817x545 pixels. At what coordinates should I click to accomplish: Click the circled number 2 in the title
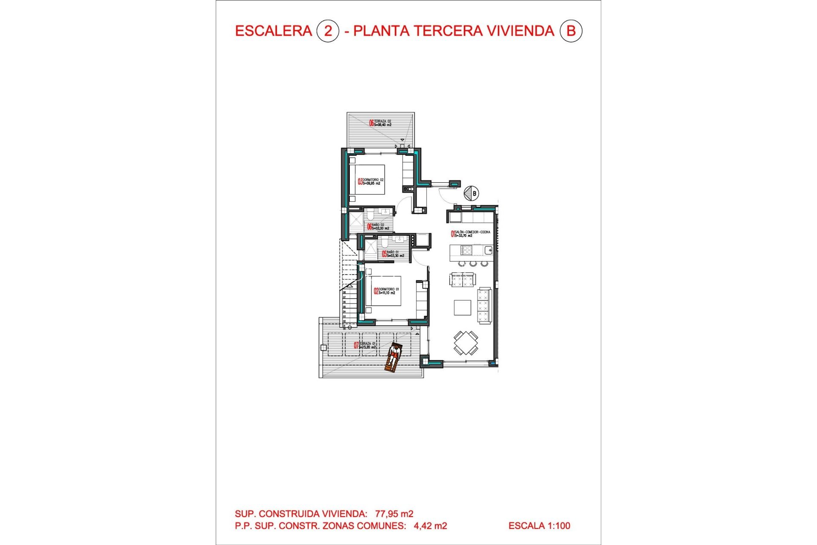pyautogui.click(x=328, y=31)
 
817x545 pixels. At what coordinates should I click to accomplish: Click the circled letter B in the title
pyautogui.click(x=571, y=31)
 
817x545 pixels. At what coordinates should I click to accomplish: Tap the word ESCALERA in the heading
pyautogui.click(x=273, y=31)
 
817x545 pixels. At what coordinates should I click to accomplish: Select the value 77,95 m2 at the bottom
pyautogui.click(x=394, y=514)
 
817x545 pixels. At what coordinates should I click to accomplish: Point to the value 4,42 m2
pyautogui.click(x=430, y=526)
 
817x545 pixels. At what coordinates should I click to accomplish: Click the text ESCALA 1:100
pyautogui.click(x=539, y=526)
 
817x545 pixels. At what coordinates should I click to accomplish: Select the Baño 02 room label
pyautogui.click(x=378, y=227)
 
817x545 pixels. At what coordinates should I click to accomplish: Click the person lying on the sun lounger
pyautogui.click(x=394, y=356)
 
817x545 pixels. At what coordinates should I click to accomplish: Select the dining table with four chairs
pyautogui.click(x=466, y=343)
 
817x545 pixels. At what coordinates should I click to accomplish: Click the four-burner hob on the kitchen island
pyautogui.click(x=466, y=250)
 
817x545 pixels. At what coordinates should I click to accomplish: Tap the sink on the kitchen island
pyautogui.click(x=488, y=250)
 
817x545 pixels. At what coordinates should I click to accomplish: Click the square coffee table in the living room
pyautogui.click(x=462, y=307)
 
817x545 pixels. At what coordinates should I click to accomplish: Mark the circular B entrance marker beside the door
pyautogui.click(x=471, y=193)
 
